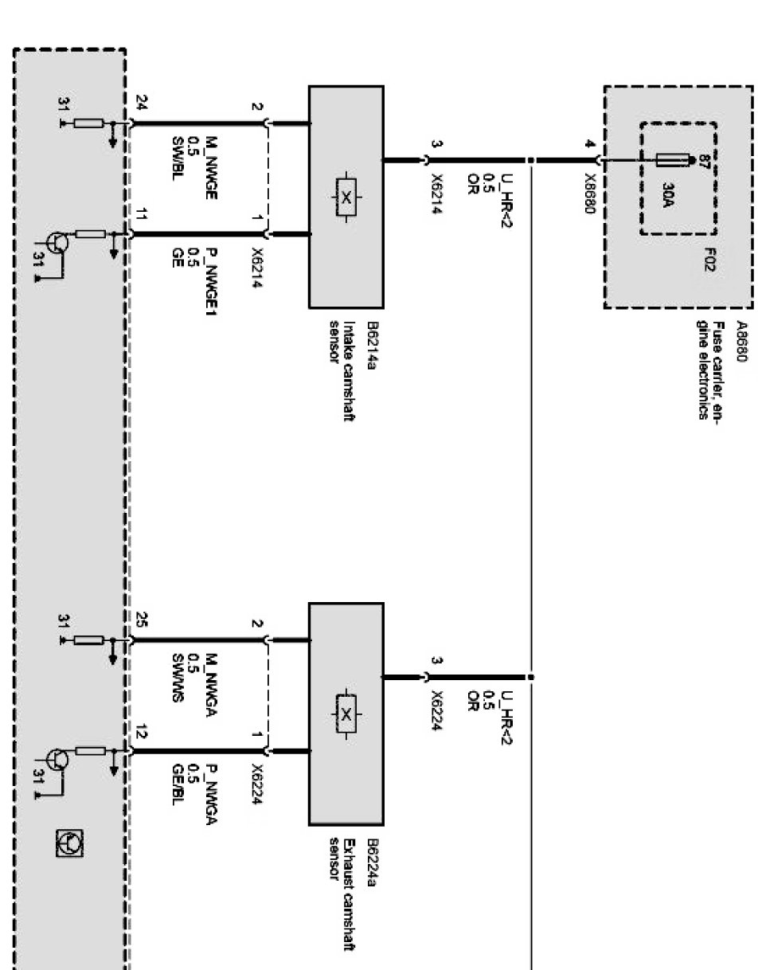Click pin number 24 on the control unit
click(143, 102)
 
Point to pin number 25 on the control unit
click(143, 620)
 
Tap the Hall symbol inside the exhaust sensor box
click(346, 714)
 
